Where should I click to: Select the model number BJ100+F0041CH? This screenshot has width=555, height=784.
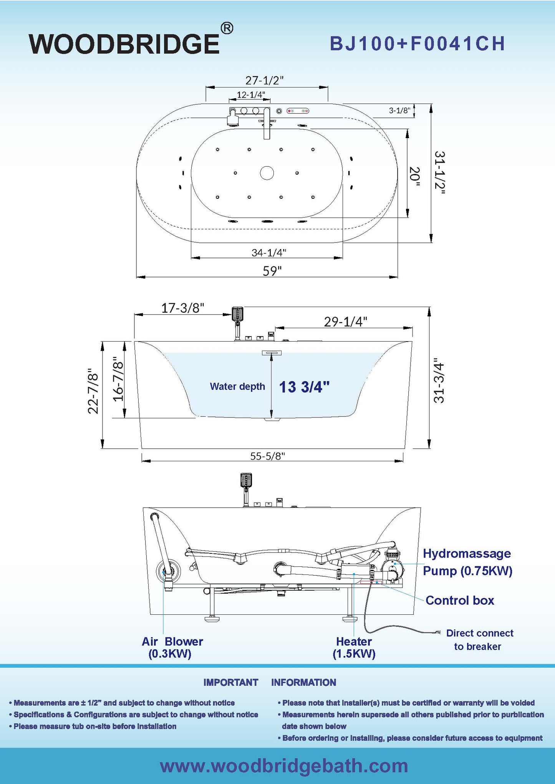pos(417,44)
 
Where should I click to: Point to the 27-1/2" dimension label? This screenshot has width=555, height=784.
pos(264,81)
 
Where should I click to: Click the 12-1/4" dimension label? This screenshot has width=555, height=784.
pos(251,94)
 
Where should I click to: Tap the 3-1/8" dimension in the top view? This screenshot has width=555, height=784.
pos(399,111)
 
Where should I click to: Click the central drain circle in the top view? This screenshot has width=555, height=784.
pos(267,173)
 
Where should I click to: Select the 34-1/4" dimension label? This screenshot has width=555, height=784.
pos(269,253)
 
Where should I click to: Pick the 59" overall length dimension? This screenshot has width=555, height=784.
pos(272,271)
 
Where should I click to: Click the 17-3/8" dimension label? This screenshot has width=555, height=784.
pos(182,308)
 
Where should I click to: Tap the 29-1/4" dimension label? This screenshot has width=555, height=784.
pos(345,322)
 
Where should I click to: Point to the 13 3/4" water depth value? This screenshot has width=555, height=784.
pos(304,387)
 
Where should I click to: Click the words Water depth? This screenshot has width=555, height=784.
pos(237,386)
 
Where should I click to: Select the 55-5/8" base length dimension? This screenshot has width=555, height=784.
pos(268,456)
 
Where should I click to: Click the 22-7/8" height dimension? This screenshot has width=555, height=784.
pos(93,391)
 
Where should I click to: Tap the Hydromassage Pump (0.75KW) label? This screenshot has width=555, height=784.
pos(467,562)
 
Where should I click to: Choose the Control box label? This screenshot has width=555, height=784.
pos(460,600)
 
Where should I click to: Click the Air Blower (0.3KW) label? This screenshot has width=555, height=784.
pos(172,647)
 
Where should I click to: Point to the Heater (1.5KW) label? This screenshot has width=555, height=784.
pos(354,647)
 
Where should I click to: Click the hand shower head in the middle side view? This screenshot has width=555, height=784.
pos(238,314)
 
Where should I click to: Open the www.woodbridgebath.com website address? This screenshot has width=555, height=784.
pos(284,766)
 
